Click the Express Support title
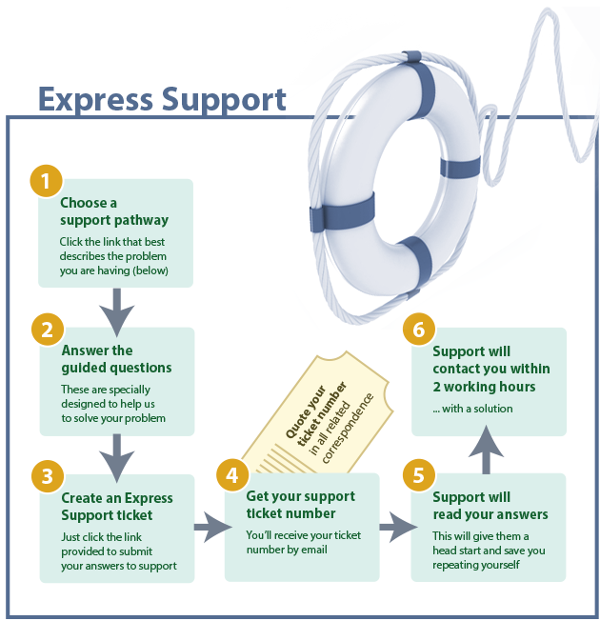pyautogui.click(x=162, y=98)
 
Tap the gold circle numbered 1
pyautogui.click(x=46, y=181)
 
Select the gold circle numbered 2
pyautogui.click(x=46, y=330)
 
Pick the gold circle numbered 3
pyautogui.click(x=46, y=475)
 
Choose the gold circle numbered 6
pyautogui.click(x=417, y=330)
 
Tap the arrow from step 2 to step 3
pyautogui.click(x=116, y=455)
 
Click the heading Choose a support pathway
pyautogui.click(x=101, y=211)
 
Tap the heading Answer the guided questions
pyautogui.click(x=116, y=359)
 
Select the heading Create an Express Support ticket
pyautogui.click(x=117, y=507)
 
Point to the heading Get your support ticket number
pyautogui.click(x=300, y=505)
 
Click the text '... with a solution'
pyautogui.click(x=472, y=409)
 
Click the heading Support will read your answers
pyautogui.click(x=490, y=506)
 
